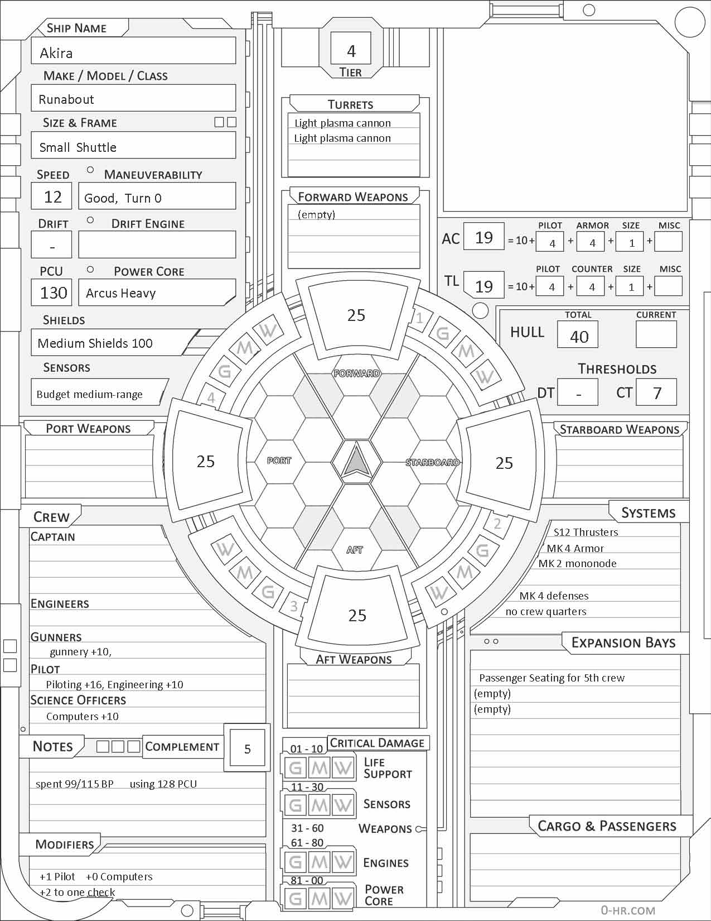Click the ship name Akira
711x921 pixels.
pos(56,53)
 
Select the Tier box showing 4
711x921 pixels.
pos(351,51)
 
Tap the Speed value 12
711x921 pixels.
pos(53,196)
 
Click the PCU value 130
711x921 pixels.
pos(54,292)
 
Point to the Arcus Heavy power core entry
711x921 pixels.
pos(121,293)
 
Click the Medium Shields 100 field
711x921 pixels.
pos(95,343)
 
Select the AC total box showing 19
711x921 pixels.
pos(483,238)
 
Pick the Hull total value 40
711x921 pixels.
pos(579,336)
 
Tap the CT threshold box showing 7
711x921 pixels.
pos(657,393)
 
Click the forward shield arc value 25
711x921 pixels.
pos(356,315)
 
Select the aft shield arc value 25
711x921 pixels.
pos(357,615)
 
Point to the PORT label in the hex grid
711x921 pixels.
pos(279,461)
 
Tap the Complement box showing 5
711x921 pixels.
pos(248,749)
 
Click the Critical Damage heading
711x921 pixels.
pos(378,743)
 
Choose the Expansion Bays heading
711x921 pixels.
pos(623,642)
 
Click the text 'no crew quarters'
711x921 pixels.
pos(546,612)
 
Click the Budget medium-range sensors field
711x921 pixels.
pos(90,395)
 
